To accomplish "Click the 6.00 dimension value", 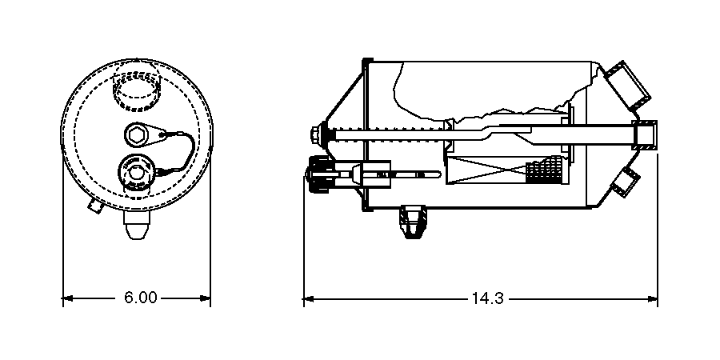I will point(140,298).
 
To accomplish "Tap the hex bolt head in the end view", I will point(135,134).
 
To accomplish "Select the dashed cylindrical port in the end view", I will point(138,90).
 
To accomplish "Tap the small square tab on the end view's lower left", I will point(94,206).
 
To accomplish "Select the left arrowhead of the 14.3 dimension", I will point(308,298).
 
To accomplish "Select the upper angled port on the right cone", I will point(628,85).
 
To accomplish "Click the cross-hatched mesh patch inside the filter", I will point(546,170).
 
